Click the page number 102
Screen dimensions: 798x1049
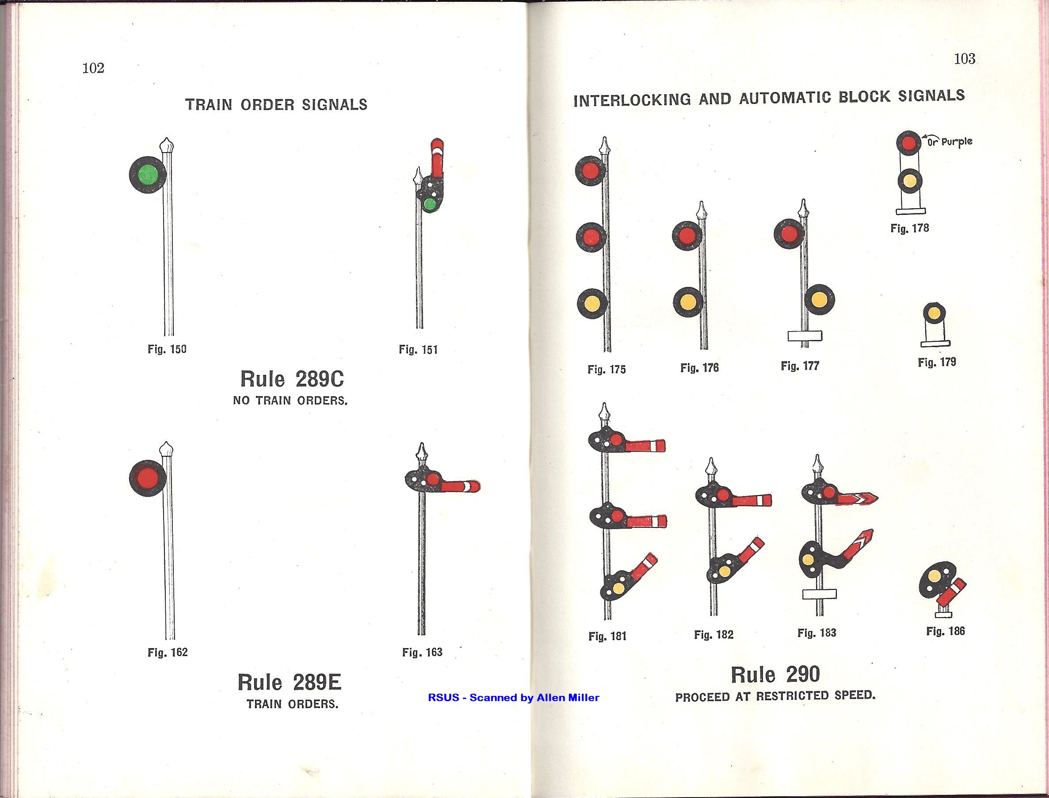93,68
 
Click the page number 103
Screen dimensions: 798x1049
965,59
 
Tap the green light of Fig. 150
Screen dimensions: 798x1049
148,175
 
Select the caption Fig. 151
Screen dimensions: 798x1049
418,350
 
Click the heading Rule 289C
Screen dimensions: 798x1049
292,379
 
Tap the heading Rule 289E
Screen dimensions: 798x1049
289,683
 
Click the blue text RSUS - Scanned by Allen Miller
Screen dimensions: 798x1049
513,698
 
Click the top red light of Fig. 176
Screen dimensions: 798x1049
687,236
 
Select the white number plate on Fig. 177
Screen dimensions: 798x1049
805,336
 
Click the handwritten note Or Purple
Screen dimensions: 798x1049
949,141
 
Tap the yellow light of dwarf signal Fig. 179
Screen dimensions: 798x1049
934,313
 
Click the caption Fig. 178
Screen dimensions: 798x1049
909,229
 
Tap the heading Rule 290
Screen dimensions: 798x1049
775,675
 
